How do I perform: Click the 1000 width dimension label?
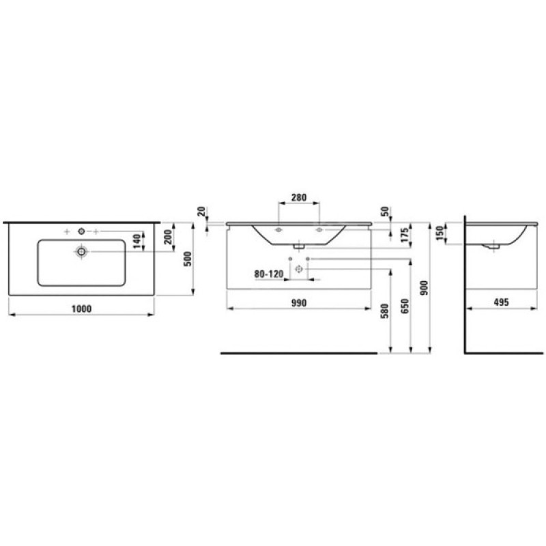click(81, 309)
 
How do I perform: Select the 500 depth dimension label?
click(188, 259)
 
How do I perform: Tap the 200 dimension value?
click(168, 237)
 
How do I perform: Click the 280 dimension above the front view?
click(299, 197)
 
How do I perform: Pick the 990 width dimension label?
click(299, 303)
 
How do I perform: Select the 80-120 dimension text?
click(269, 274)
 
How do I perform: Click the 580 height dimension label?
click(384, 311)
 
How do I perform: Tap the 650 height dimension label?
click(405, 306)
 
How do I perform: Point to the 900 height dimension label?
click(424, 288)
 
